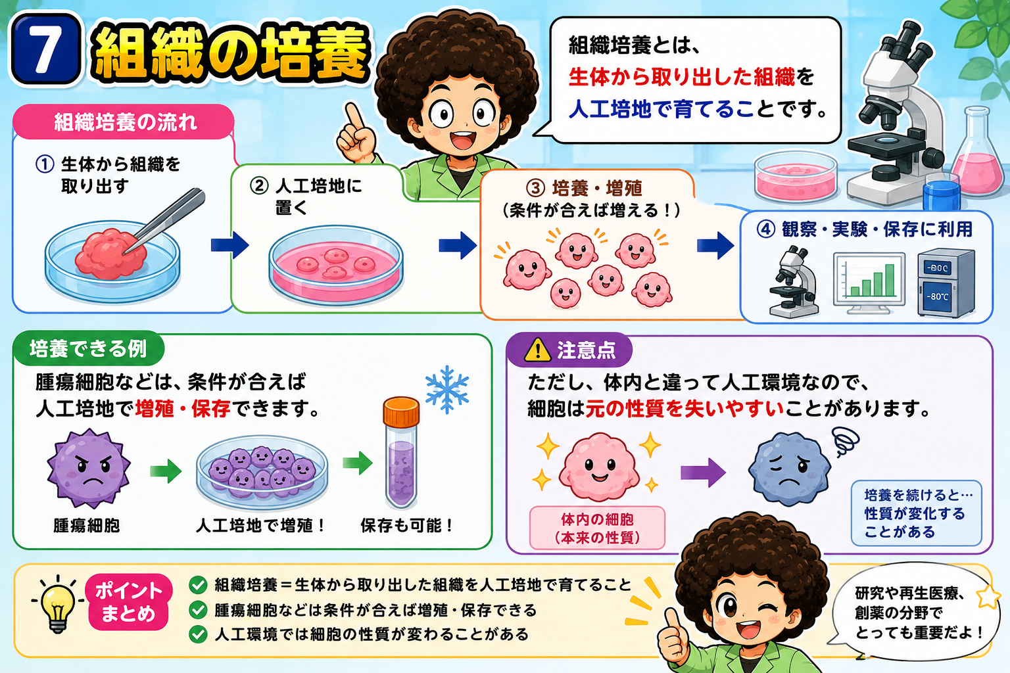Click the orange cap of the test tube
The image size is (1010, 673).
(x=401, y=411)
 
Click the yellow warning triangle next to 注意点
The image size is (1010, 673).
(x=537, y=351)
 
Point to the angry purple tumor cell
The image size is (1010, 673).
(x=88, y=469)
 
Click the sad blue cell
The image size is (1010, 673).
(x=789, y=469)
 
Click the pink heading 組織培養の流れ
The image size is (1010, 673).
(x=126, y=122)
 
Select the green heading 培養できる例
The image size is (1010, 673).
(x=88, y=349)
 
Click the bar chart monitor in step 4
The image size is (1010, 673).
(x=869, y=283)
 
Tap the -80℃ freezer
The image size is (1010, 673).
(x=946, y=283)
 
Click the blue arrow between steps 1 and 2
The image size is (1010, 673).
(x=230, y=245)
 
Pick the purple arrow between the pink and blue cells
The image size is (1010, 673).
(x=703, y=473)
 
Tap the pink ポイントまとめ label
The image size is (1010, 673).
(x=128, y=602)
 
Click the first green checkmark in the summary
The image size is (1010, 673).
(x=197, y=585)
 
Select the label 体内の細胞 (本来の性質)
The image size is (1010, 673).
(x=597, y=528)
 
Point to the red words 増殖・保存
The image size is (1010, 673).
(x=183, y=408)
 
